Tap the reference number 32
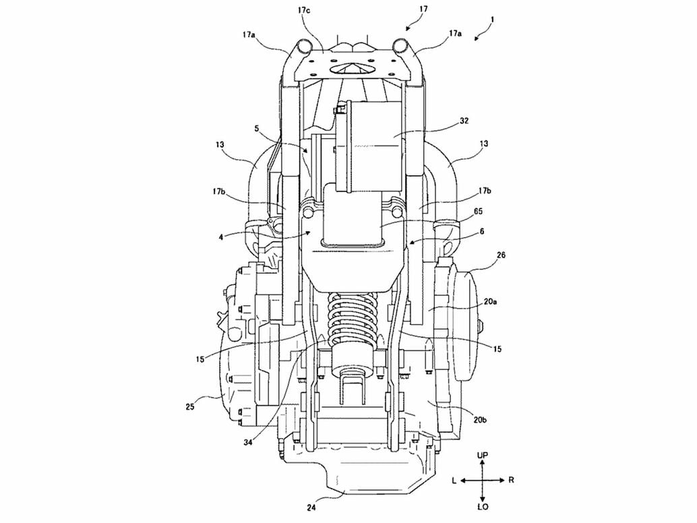pos(464,121)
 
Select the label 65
pos(479,211)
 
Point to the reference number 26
pos(502,255)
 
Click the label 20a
pos(490,302)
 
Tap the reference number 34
pos(248,442)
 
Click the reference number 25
pos(190,406)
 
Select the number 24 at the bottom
pos(311,508)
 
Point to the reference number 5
pos(256,129)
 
